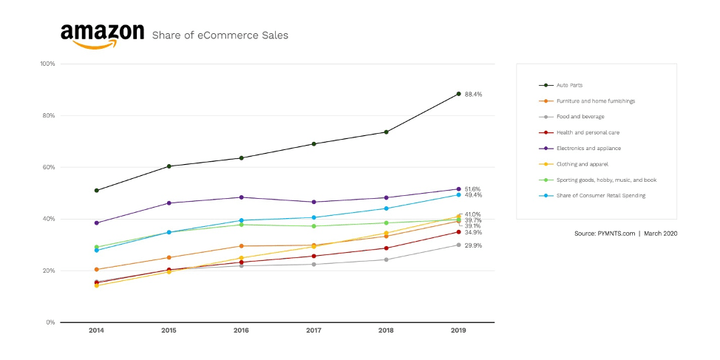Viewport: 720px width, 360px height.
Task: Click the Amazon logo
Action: click(x=102, y=35)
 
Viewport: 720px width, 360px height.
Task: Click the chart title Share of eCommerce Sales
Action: click(x=220, y=35)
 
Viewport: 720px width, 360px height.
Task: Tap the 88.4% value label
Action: click(x=473, y=95)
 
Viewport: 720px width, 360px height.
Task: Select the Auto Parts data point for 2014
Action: click(x=96, y=191)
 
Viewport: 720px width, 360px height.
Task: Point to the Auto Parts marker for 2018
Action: click(x=386, y=132)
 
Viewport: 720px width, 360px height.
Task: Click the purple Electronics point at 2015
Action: click(x=169, y=203)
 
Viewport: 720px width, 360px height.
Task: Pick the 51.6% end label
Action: click(x=473, y=189)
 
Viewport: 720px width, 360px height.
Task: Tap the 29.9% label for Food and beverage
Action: click(x=473, y=245)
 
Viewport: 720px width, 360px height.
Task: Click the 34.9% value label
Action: click(x=473, y=233)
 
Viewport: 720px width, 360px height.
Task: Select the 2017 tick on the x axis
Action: click(x=313, y=330)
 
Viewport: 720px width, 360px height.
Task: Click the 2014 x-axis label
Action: click(x=96, y=330)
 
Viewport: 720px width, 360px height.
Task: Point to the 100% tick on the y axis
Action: click(x=47, y=64)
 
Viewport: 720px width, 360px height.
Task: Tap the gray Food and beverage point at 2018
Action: click(x=386, y=259)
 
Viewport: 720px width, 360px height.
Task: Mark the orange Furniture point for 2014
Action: click(x=96, y=270)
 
